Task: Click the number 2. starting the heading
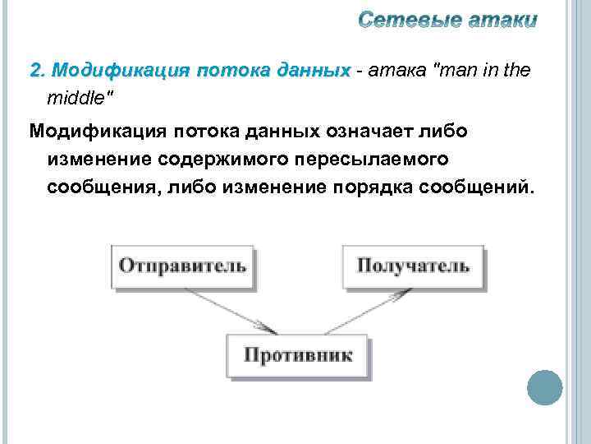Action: click(38, 71)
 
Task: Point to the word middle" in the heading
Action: click(81, 98)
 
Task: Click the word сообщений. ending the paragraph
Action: click(477, 187)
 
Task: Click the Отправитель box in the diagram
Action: click(182, 265)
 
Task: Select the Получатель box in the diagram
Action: click(413, 265)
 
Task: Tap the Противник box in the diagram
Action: click(297, 356)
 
